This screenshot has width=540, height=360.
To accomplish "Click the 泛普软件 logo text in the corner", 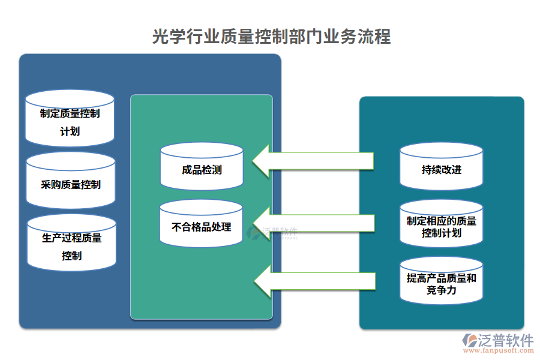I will [506, 341].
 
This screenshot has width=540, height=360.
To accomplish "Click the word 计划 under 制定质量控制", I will [70, 131].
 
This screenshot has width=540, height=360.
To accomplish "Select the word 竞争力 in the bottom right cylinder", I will [442, 290].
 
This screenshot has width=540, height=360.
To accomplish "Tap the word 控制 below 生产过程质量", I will [71, 256].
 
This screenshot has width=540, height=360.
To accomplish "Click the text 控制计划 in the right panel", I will [442, 233].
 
